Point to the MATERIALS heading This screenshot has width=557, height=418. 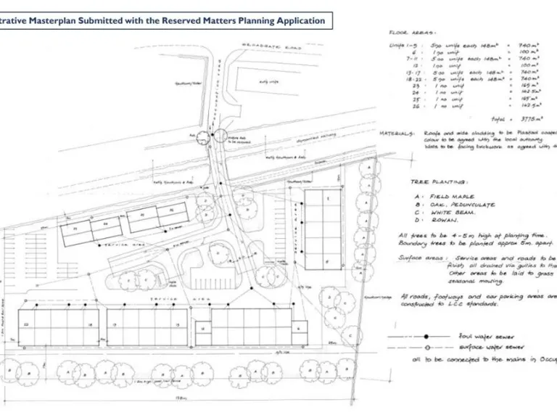397,134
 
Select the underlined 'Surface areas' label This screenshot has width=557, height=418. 421,258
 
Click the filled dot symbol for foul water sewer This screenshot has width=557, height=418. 427,336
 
